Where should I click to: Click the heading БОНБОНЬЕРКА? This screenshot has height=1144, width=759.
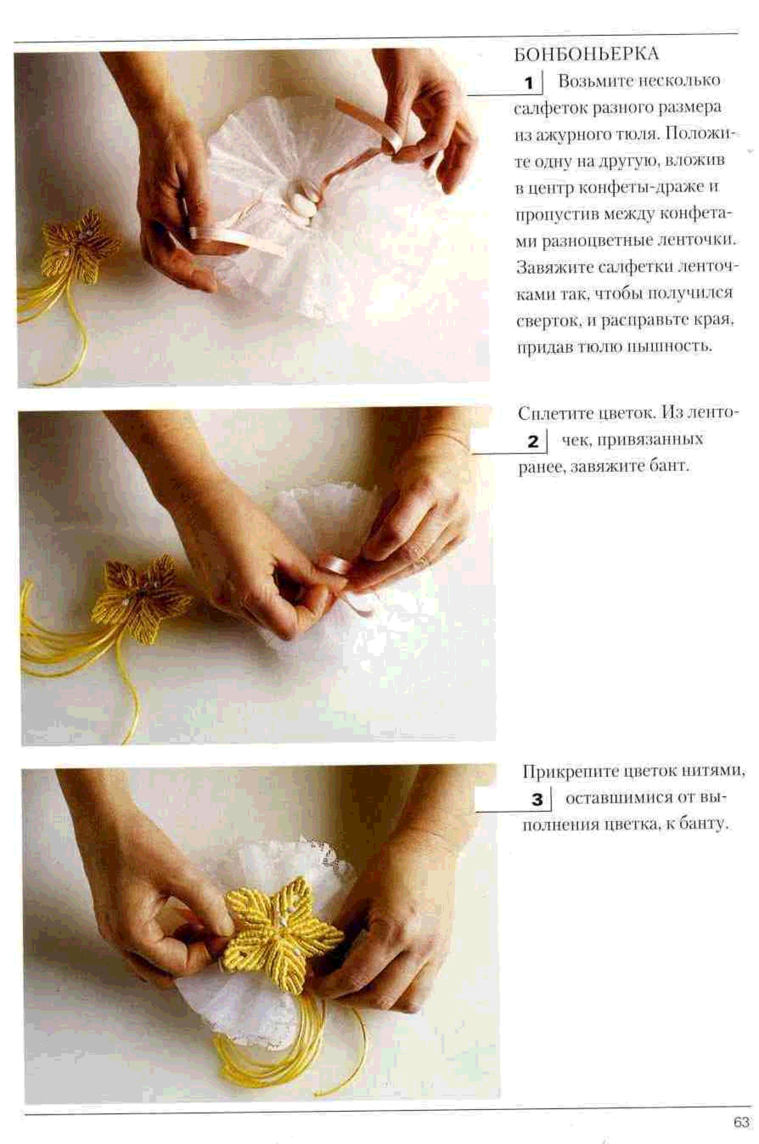click(586, 54)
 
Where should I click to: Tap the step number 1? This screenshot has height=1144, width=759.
click(529, 83)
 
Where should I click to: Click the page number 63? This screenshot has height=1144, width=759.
click(741, 1122)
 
